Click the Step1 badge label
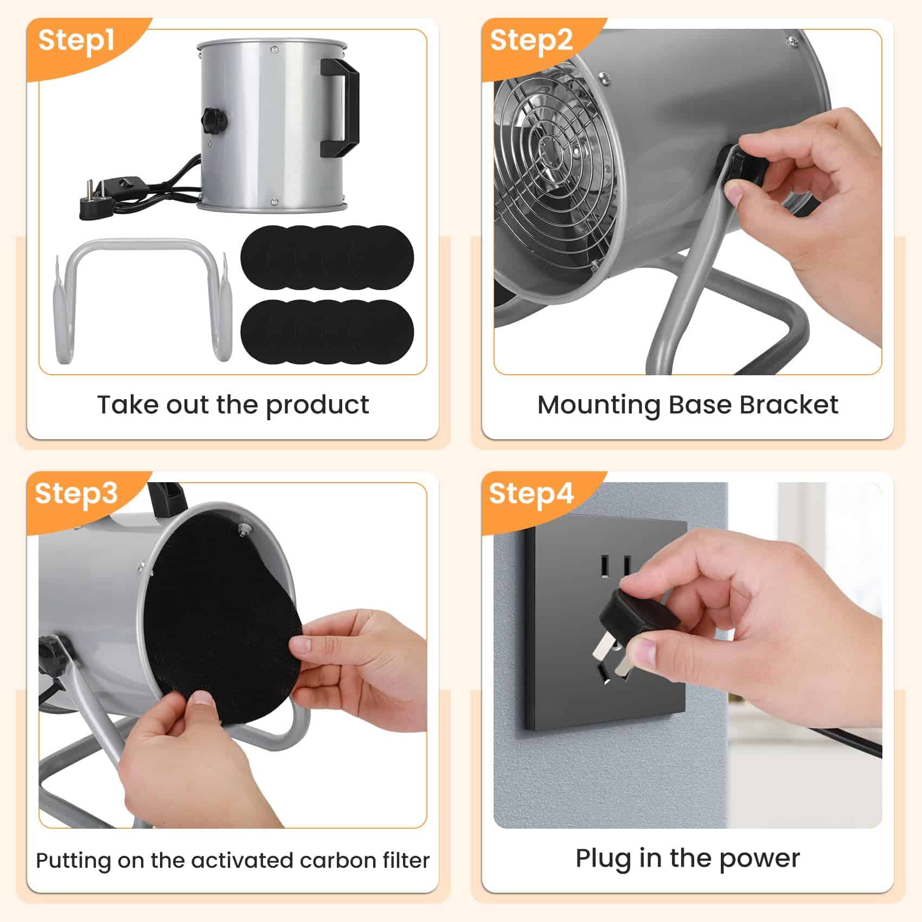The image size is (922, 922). coord(76,41)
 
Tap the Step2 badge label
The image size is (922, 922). coord(531,41)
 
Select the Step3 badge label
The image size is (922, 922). coord(76,494)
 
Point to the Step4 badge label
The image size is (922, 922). coord(531,494)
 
